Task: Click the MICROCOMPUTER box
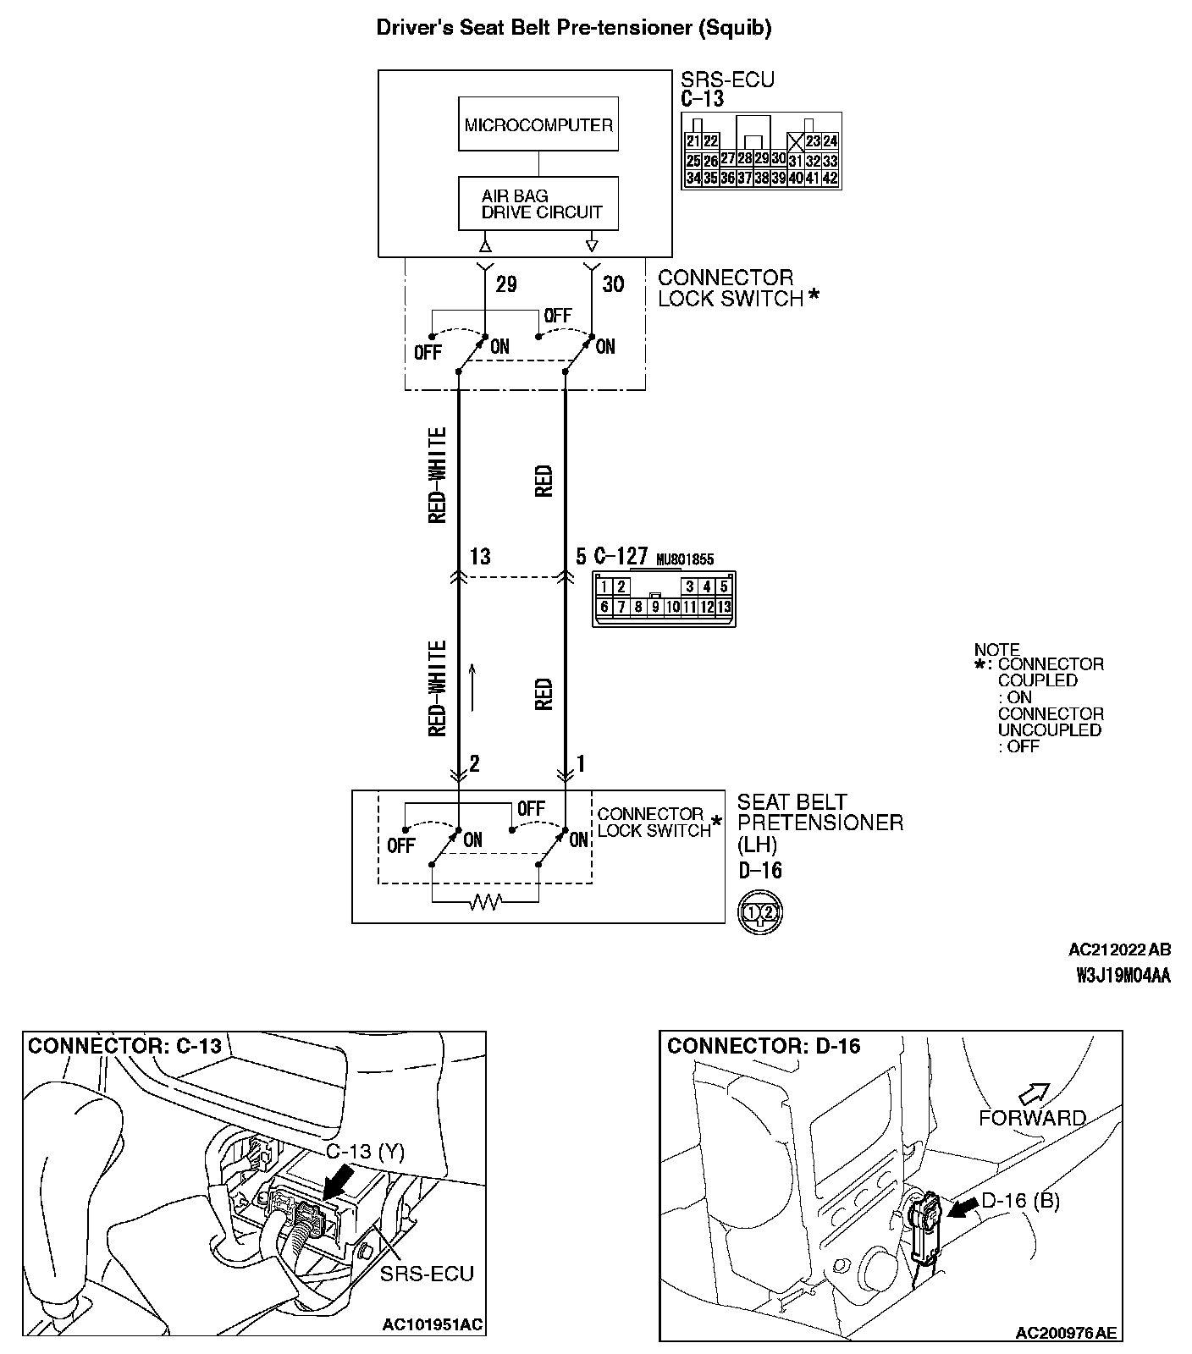click(538, 124)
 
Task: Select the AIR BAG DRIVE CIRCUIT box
click(538, 204)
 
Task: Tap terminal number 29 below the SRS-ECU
click(506, 284)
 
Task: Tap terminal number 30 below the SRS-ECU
click(613, 284)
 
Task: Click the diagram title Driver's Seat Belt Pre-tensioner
click(573, 28)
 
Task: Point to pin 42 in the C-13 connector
click(830, 178)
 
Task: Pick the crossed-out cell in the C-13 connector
click(796, 141)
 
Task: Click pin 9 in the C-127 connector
click(655, 607)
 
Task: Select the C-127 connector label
click(621, 557)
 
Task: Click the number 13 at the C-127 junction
click(480, 557)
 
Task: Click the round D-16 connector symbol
click(760, 912)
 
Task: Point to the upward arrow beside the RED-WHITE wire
click(473, 685)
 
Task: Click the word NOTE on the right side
click(996, 650)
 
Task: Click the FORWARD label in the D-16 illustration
click(1032, 1118)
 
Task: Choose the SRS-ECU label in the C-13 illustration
click(427, 1273)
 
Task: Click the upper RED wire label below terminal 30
click(544, 481)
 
